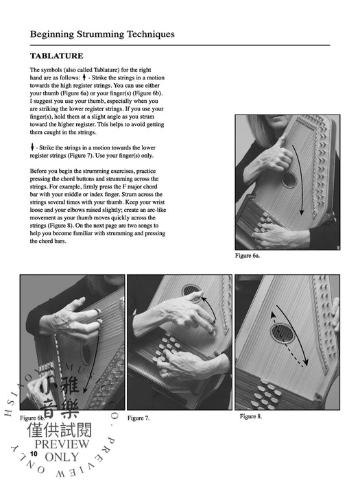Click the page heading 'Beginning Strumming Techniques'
[x=102, y=34]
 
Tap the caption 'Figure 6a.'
[x=248, y=256]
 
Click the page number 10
[x=34, y=454]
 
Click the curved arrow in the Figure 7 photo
[x=209, y=312]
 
